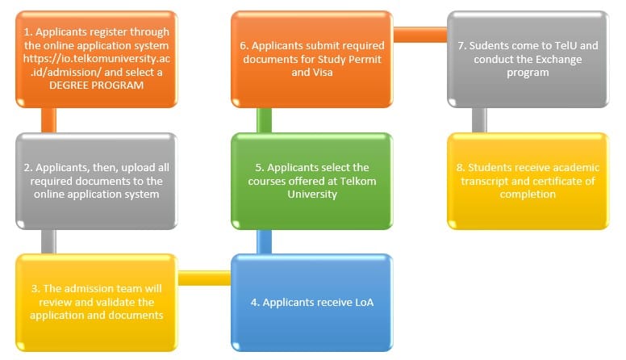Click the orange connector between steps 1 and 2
[x=48, y=120]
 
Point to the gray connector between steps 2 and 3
[x=48, y=241]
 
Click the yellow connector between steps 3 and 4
[x=204, y=278]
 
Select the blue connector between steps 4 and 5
[x=264, y=241]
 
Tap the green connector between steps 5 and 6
[x=264, y=120]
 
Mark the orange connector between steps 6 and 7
[x=419, y=35]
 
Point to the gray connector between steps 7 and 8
[x=480, y=120]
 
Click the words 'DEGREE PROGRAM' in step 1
[x=96, y=86]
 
